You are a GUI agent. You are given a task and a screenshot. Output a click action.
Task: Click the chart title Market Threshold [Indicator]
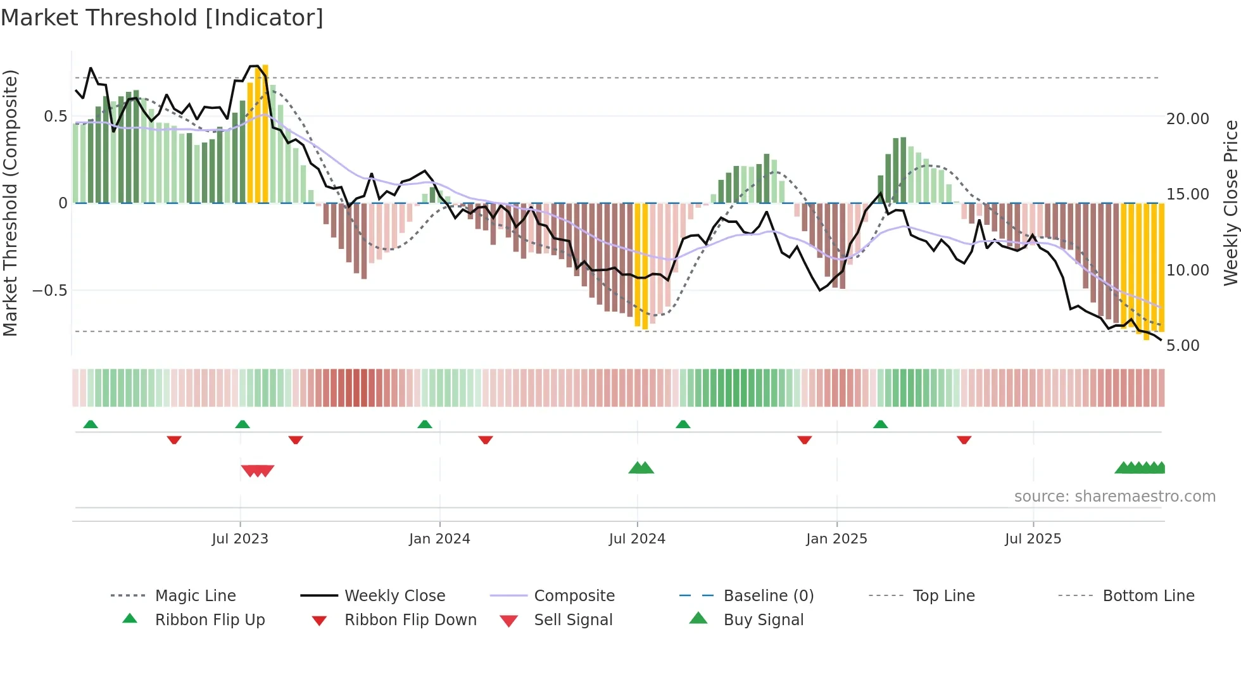162,18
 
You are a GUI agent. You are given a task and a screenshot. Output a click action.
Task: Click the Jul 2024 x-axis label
637,538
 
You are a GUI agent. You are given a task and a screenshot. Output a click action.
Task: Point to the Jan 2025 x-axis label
836,538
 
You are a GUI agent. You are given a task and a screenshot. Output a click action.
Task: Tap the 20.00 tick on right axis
1187,118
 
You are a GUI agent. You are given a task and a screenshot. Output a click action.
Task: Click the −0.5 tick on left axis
49,290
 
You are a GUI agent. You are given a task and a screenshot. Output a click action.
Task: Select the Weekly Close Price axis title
1230,203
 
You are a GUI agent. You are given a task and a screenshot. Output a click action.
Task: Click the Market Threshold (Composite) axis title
10,203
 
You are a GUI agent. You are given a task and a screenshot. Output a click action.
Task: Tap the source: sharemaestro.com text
1114,496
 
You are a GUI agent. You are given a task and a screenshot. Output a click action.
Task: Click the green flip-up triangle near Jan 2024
425,424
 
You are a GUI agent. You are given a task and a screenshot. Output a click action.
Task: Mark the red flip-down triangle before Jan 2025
804,440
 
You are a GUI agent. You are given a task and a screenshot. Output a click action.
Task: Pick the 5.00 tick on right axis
1182,345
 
